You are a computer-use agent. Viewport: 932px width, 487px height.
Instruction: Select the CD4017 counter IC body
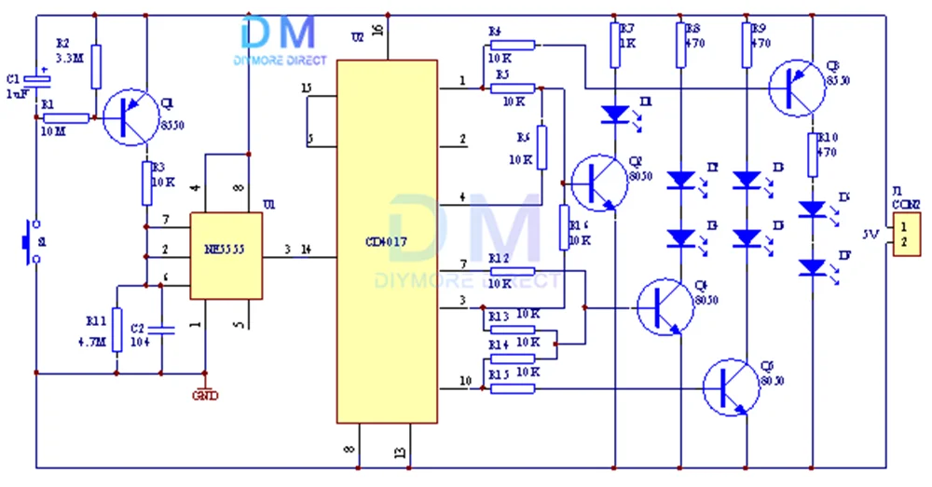tap(387, 241)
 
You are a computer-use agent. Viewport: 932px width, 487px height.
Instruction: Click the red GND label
tap(205, 395)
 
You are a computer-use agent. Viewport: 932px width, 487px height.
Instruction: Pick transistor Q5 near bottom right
tap(731, 387)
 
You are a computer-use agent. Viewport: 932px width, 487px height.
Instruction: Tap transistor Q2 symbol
tap(597, 183)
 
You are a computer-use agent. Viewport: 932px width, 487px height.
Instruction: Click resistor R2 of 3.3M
tap(96, 64)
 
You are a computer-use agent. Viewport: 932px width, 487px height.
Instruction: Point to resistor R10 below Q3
tap(813, 155)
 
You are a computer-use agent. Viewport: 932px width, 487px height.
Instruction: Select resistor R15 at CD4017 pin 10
tap(513, 387)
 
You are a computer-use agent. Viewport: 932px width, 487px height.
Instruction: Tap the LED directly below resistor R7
tap(614, 114)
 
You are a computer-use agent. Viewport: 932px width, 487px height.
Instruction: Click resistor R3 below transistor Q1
tap(147, 183)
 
